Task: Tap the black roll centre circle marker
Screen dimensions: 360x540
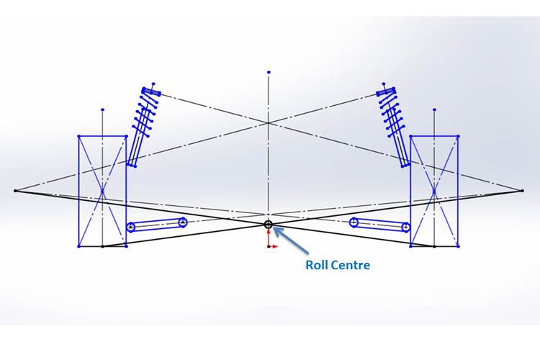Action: click(269, 225)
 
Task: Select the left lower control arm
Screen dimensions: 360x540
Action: click(156, 225)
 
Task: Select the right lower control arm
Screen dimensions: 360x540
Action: click(380, 225)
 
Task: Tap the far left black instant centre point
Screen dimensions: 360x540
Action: click(15, 191)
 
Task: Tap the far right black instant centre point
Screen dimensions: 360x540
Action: click(521, 191)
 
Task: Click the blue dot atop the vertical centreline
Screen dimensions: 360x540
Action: click(269, 73)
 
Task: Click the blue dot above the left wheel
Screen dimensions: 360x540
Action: click(103, 110)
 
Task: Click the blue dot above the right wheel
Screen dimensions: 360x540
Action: click(434, 110)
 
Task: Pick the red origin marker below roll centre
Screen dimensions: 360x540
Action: click(270, 245)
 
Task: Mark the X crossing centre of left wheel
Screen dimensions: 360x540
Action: click(103, 192)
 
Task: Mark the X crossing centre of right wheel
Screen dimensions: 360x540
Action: click(434, 192)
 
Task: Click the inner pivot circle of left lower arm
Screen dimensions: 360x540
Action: click(182, 222)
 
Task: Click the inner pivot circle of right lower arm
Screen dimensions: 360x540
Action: click(354, 222)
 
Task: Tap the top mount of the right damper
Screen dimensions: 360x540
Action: click(387, 91)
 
